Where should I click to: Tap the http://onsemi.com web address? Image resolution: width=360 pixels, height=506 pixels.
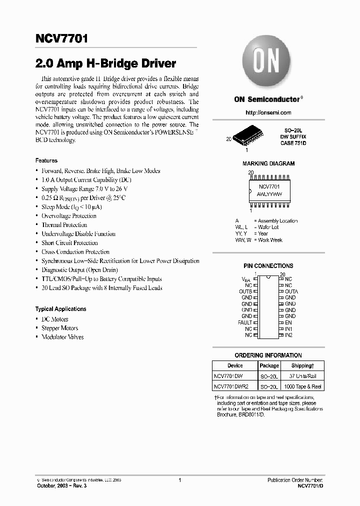coord(268,112)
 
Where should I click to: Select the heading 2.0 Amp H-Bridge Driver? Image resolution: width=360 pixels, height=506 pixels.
coord(105,64)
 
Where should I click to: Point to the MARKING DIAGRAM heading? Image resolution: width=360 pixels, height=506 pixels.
coord(268,163)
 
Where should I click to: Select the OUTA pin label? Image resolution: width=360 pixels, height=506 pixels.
coord(291,291)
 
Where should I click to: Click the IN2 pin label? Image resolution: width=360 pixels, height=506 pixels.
coord(288,335)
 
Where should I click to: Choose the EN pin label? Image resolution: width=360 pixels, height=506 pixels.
coord(288,322)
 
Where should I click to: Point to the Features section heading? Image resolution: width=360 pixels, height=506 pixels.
coord(46,160)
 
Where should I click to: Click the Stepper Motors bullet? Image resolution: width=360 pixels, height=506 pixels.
coord(59,328)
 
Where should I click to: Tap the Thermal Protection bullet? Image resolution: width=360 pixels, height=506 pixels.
coord(65,225)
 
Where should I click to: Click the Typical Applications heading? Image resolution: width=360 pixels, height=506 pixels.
coord(60,309)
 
